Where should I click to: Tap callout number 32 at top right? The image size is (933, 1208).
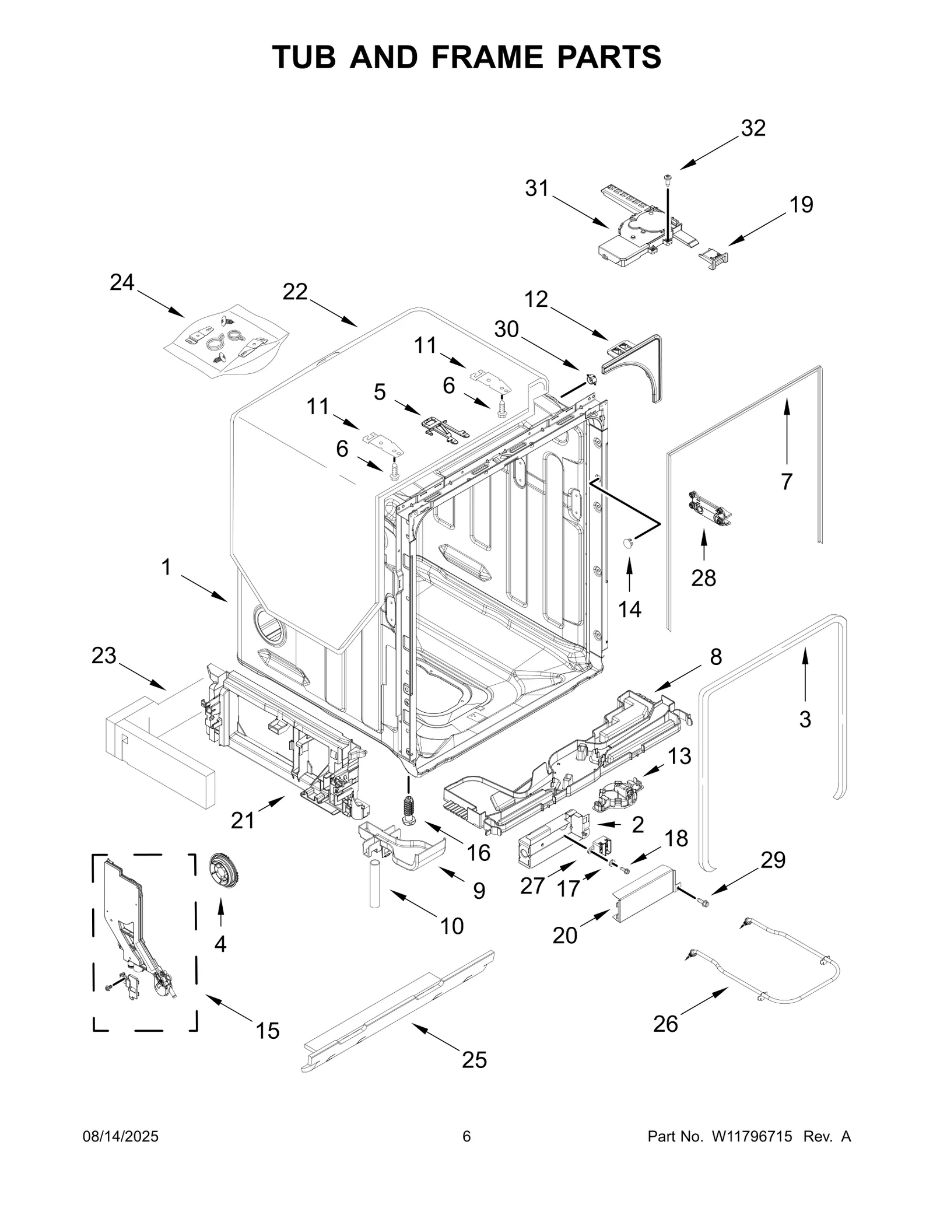click(753, 128)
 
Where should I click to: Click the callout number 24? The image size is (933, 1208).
click(122, 283)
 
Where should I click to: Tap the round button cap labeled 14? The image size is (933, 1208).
click(628, 543)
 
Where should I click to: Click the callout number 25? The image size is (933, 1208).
click(474, 1060)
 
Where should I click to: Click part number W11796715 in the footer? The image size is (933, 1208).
click(751, 1153)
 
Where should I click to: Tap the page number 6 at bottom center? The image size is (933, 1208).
click(466, 1153)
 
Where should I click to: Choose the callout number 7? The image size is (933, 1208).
click(787, 482)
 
